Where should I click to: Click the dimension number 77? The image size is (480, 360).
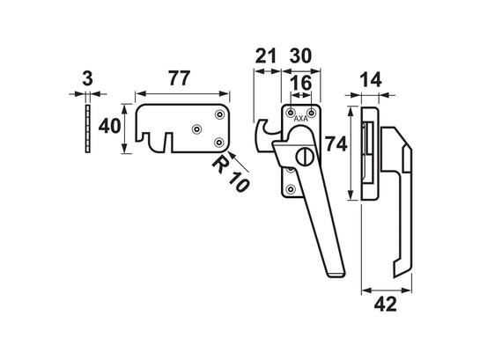point(180,78)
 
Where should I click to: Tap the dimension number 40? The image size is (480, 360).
point(109,126)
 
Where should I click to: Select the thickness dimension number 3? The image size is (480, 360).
point(87,78)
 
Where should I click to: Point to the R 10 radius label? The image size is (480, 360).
point(231,173)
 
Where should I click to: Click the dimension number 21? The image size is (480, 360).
point(266,56)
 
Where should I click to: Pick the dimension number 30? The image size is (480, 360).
point(300,56)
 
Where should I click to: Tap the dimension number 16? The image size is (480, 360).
point(301,84)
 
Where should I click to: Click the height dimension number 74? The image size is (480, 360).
point(336,143)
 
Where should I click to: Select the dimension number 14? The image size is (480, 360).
point(371,80)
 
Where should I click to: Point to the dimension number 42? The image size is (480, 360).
point(385,305)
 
